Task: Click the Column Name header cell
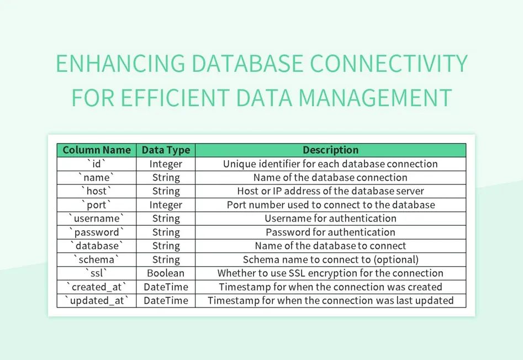[x=97, y=150]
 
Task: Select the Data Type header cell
[x=166, y=150]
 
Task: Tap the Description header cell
[x=330, y=150]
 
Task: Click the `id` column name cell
[x=97, y=164]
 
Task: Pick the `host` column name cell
[x=97, y=191]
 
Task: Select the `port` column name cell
[x=97, y=205]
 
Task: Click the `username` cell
[x=97, y=219]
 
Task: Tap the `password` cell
[x=97, y=232]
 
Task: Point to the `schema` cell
[x=97, y=260]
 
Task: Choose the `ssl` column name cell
[x=97, y=273]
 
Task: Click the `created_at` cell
[x=97, y=287]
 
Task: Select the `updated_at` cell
[x=97, y=301]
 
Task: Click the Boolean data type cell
[x=166, y=273]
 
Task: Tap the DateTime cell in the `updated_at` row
[x=166, y=301]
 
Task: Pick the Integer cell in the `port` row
[x=166, y=205]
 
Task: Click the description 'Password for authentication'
[x=330, y=232]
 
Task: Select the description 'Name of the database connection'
[x=330, y=178]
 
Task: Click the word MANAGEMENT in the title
[x=375, y=98]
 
